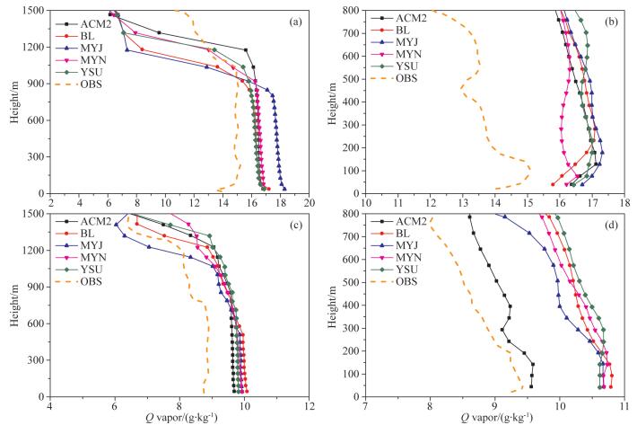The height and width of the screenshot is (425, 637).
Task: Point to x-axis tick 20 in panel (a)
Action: click(x=310, y=204)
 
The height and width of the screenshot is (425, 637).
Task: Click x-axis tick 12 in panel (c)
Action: click(x=310, y=407)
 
